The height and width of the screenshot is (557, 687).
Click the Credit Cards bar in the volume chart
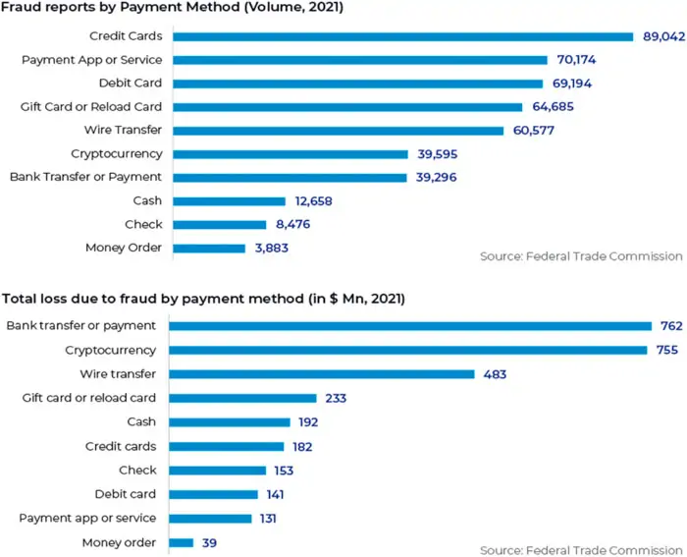tap(402, 37)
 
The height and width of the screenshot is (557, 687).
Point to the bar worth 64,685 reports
tap(347, 107)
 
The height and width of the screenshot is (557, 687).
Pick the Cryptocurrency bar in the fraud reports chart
tap(290, 154)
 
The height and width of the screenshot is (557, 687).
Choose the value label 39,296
tap(437, 178)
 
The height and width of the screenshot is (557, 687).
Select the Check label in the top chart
tap(143, 225)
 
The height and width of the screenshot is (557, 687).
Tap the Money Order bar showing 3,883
tap(209, 249)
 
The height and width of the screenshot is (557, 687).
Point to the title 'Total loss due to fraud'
tap(204, 298)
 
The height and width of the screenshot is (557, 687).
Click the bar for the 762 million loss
tap(410, 326)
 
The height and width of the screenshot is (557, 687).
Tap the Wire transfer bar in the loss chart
tap(322, 374)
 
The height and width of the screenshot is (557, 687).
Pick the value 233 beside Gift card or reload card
tap(337, 398)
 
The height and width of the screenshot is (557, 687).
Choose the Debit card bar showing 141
tap(213, 494)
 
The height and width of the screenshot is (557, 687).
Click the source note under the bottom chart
tap(581, 549)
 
